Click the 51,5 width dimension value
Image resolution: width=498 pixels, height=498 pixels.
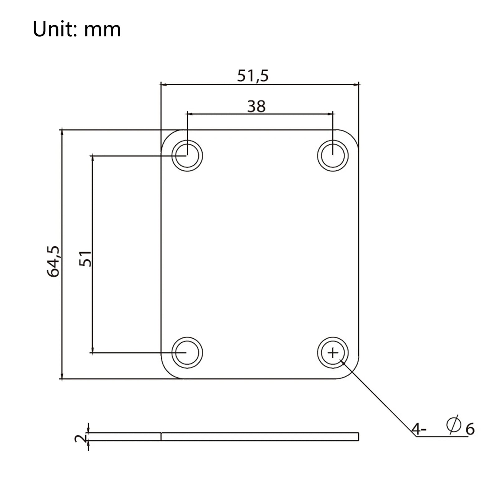tap(252, 76)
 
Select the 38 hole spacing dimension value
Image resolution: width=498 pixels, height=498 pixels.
tap(256, 106)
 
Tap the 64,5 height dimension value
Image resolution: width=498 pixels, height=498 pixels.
tap(53, 261)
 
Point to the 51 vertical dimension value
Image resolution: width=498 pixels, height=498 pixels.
tap(85, 258)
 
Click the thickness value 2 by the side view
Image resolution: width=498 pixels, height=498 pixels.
tap(81, 439)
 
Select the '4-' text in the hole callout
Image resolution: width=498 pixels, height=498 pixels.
tap(419, 430)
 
